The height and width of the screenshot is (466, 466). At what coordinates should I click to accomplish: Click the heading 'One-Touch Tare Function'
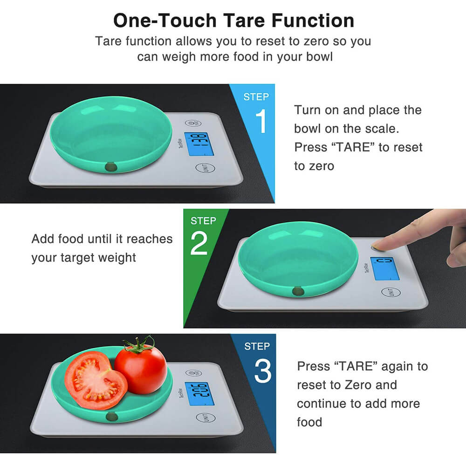(x=233, y=21)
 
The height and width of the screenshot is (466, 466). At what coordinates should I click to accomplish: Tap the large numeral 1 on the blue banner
(x=261, y=121)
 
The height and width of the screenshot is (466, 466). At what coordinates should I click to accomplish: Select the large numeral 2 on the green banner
(x=199, y=243)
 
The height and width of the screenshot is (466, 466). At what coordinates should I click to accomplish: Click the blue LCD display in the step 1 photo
(x=199, y=144)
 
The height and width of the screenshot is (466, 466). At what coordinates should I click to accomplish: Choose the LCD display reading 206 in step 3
(x=199, y=394)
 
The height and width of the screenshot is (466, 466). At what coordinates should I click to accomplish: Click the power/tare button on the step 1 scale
(x=193, y=123)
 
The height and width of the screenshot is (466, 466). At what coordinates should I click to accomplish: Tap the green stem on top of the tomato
(x=139, y=345)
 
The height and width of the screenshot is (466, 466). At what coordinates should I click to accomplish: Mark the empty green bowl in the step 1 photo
(x=110, y=134)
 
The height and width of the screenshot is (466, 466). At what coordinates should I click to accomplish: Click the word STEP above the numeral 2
(x=203, y=221)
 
